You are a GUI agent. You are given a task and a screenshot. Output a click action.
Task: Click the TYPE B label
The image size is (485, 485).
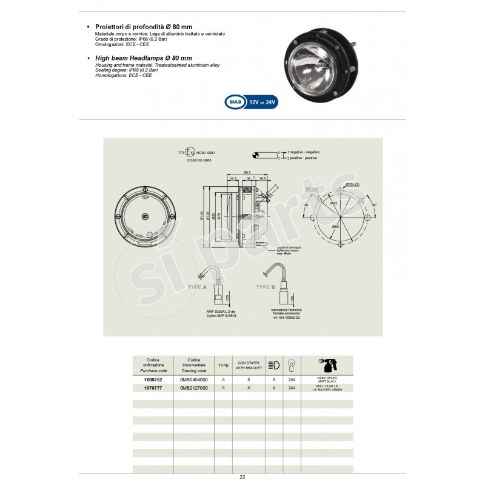click(268, 287)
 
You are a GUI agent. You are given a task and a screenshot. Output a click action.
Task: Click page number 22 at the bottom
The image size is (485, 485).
click(242, 477)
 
